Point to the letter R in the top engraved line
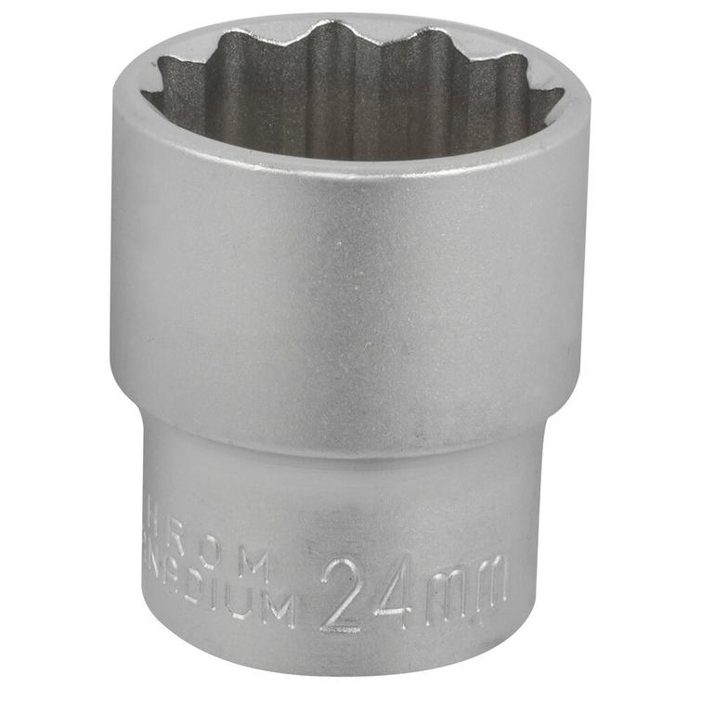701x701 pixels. (186, 552)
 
